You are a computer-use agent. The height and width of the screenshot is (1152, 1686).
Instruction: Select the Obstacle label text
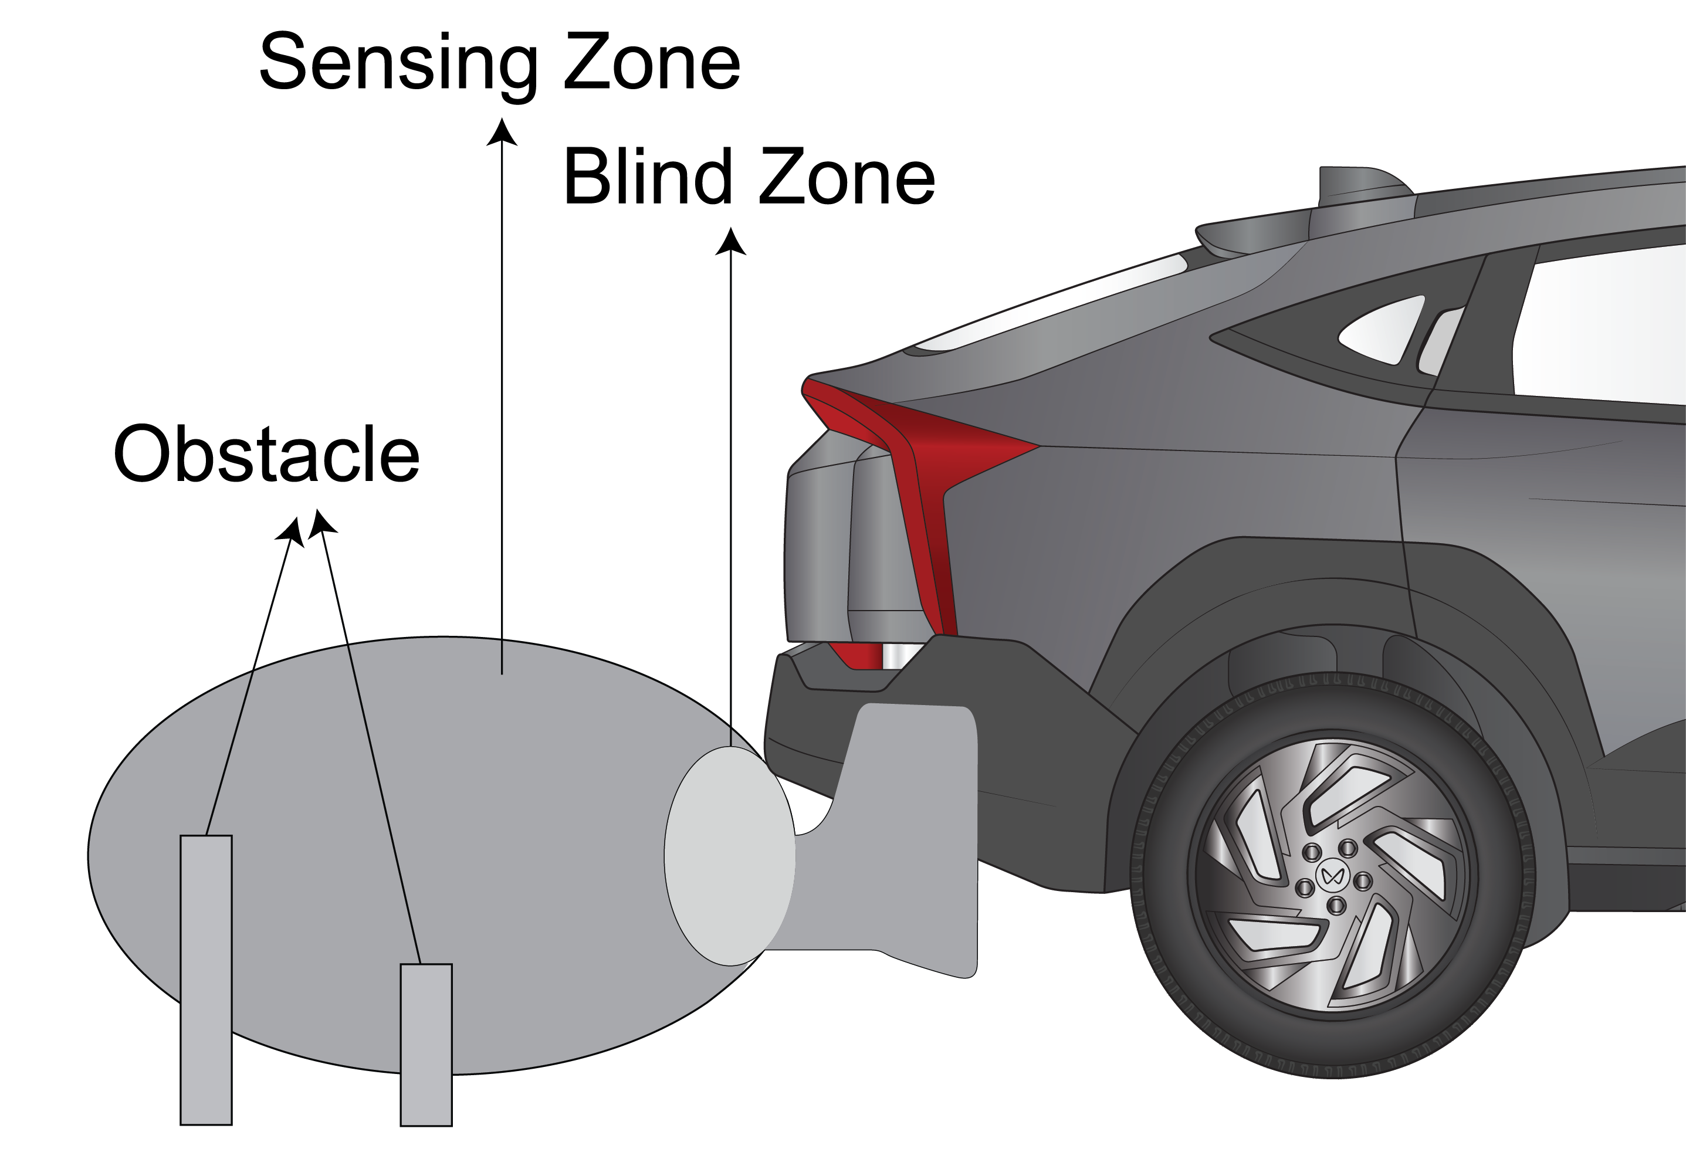click(267, 454)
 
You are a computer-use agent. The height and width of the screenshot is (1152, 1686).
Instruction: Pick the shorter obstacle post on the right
click(426, 1045)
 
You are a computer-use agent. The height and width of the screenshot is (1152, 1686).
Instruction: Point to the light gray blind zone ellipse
click(730, 856)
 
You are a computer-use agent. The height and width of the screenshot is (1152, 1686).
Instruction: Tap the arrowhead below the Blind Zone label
click(730, 242)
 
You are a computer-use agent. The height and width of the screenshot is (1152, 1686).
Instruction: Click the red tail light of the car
click(922, 465)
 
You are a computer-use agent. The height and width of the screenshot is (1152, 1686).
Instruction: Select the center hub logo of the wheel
click(1330, 876)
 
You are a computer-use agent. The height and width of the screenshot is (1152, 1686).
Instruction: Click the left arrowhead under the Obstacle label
click(290, 531)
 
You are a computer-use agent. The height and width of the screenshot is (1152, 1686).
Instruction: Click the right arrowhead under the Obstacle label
click(321, 524)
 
